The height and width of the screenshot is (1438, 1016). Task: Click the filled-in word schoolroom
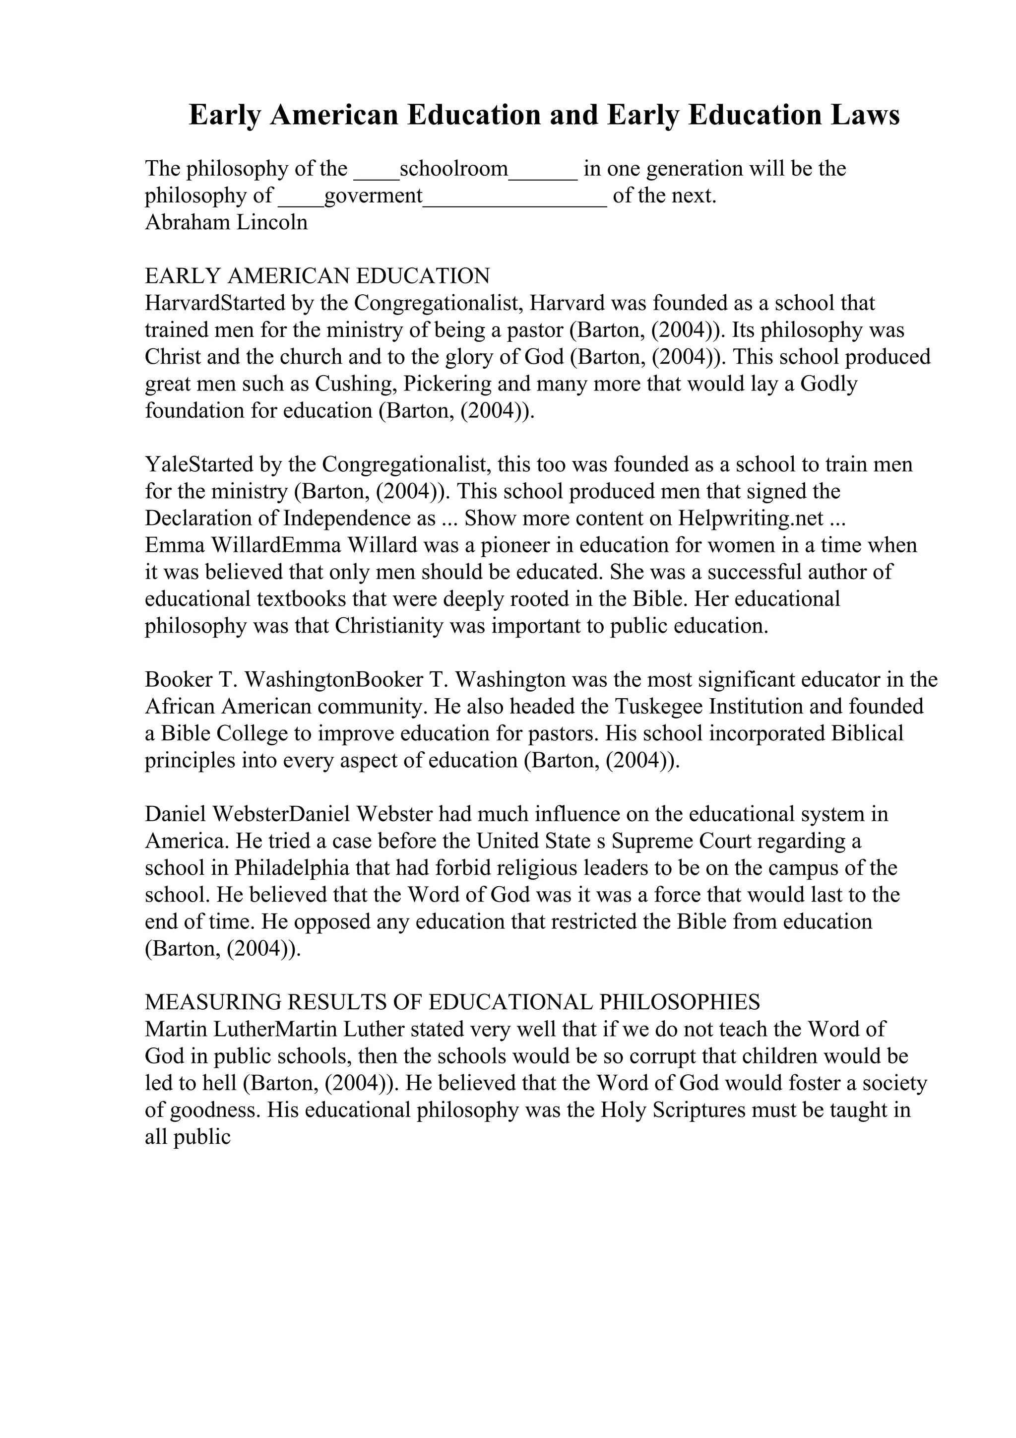[453, 169]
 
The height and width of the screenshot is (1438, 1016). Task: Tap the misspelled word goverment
[373, 196]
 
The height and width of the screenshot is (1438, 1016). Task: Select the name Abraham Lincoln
[226, 222]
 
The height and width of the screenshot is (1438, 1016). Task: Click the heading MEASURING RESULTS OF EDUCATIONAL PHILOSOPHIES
[452, 1002]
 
